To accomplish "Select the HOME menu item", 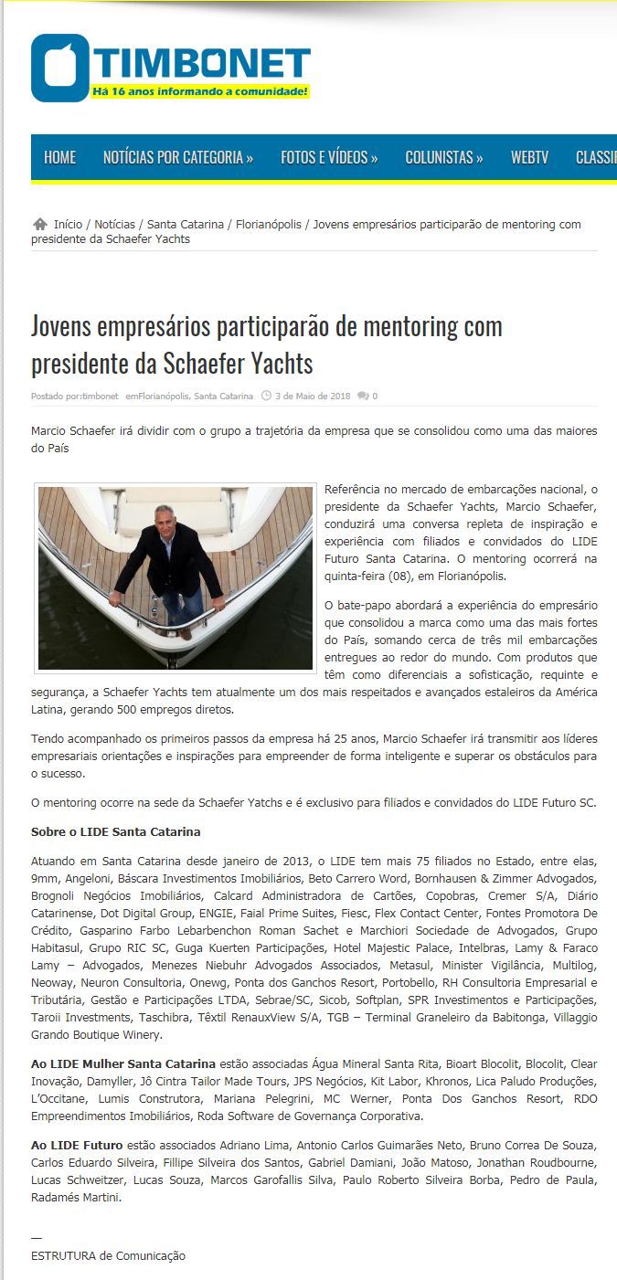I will [x=59, y=157].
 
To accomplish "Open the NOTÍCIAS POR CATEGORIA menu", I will [x=177, y=157].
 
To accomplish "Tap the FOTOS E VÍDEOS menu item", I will [x=329, y=157].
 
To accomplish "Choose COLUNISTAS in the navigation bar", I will [x=444, y=157].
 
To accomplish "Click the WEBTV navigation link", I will [x=529, y=157].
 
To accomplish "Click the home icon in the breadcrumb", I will [x=39, y=224].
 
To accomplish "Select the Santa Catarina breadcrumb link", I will [x=185, y=224].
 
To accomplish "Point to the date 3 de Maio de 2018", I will [x=313, y=397].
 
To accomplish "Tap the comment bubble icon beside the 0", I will [x=363, y=397].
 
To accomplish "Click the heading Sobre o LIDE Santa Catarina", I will [x=115, y=832].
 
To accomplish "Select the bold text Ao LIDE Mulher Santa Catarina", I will [x=123, y=1064].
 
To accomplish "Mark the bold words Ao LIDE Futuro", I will [x=77, y=1145].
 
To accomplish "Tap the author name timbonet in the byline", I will [x=100, y=397].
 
